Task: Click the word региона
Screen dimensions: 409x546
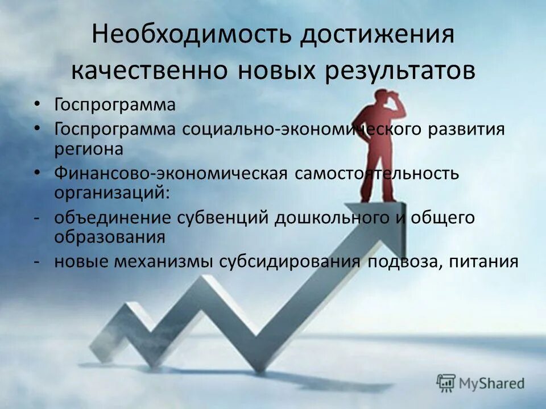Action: pos(88,149)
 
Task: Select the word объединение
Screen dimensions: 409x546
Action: pos(115,218)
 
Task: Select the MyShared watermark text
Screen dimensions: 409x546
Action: pos(493,383)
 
